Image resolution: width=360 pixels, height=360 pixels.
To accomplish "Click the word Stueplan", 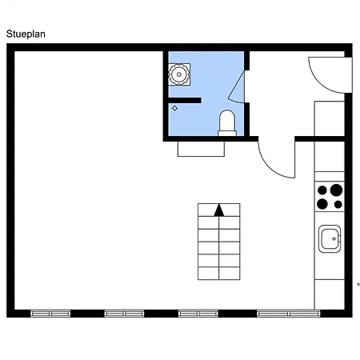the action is pos(26,34).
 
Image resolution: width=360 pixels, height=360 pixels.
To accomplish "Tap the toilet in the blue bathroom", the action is pos(227,123).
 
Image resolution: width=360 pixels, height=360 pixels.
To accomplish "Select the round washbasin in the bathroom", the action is pos(179,74).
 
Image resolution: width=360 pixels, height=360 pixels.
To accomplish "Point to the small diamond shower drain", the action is pos(174,108).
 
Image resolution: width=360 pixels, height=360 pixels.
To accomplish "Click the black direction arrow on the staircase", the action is pos(219,210).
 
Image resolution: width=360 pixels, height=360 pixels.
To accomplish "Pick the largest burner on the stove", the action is pos(336,190).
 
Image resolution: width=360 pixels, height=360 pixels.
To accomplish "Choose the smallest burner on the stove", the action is pos(338,205).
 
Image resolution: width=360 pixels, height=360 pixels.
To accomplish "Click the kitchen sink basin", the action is pos(330,239).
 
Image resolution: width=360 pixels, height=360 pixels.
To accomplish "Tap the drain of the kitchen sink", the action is pos(334,239).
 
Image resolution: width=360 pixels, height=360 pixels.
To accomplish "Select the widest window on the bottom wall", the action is pos(289,314).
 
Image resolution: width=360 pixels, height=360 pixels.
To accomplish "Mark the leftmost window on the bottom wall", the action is pos(50,314).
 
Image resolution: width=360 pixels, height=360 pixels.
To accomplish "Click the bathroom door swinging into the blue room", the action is pos(237,86).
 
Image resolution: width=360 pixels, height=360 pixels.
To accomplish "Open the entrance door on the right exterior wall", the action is pos(330,75).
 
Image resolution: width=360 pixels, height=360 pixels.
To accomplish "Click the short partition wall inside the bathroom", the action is pos(185,100).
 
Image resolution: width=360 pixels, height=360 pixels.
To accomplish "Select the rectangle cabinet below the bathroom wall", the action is pos(201,149).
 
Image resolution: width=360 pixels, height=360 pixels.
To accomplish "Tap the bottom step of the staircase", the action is pos(219,274).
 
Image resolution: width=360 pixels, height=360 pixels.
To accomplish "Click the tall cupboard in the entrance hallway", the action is pos(330,118).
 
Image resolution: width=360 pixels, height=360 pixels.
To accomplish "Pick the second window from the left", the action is pos(124,314).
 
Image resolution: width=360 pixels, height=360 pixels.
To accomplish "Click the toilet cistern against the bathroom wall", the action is pos(227,134).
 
